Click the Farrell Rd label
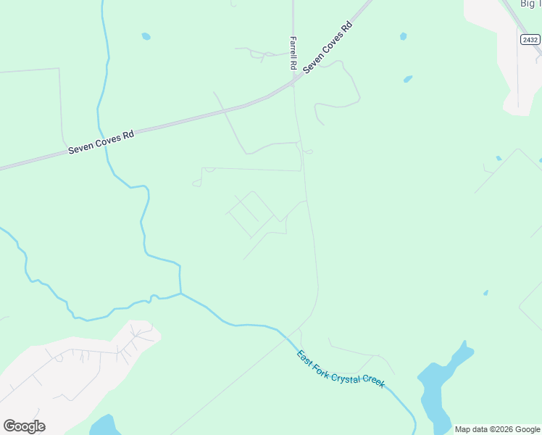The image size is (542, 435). (x=293, y=53)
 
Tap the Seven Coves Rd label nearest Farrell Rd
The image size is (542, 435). (x=328, y=46)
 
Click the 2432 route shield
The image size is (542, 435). (x=530, y=40)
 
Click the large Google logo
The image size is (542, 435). (x=24, y=426)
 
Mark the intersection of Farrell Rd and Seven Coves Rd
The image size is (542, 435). (x=293, y=82)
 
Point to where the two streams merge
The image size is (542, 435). (x=180, y=294)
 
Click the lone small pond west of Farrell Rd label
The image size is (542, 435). (x=146, y=36)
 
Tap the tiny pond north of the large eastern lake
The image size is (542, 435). (x=485, y=293)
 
